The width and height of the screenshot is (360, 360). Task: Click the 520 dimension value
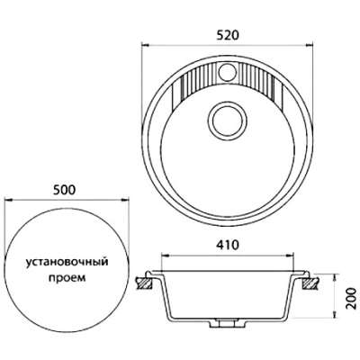227,35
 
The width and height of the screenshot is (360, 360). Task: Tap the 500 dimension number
63,190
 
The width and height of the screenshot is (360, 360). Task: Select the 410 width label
227,245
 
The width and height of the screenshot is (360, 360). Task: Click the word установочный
67,263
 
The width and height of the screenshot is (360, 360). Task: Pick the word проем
67,278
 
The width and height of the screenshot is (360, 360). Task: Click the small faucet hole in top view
227,71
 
